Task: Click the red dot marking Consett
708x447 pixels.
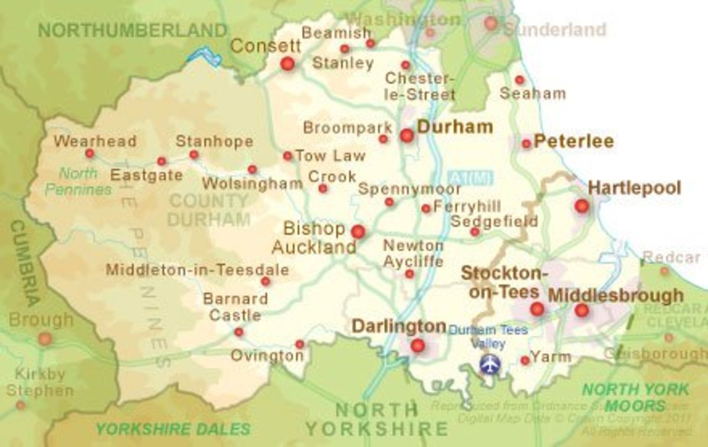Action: click(287, 64)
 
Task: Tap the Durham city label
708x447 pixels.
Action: click(454, 127)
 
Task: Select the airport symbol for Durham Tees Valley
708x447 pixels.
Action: click(489, 364)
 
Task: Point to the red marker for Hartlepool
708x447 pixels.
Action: click(582, 206)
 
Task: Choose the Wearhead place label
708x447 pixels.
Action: click(94, 142)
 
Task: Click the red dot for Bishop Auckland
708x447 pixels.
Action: click(358, 232)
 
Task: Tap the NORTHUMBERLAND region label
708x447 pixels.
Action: click(133, 30)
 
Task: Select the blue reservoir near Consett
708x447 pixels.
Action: click(204, 57)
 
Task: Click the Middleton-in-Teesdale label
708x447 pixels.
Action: click(197, 270)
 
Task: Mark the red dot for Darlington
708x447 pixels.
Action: click(418, 346)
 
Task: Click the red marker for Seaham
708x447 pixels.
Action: click(519, 80)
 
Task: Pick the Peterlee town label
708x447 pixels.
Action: click(573, 142)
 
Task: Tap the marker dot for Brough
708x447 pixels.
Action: click(45, 339)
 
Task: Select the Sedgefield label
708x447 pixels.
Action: click(494, 221)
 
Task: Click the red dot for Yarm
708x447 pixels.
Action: click(525, 360)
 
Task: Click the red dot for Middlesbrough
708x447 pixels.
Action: click(582, 310)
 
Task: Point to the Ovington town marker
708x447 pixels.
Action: click(300, 344)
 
